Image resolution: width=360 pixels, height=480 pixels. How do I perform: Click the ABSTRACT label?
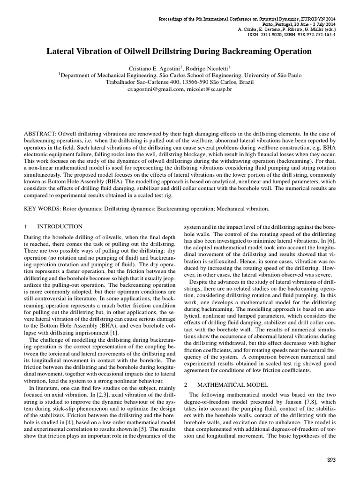tap(39, 134)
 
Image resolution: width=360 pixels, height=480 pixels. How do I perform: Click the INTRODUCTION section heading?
tap(60, 226)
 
